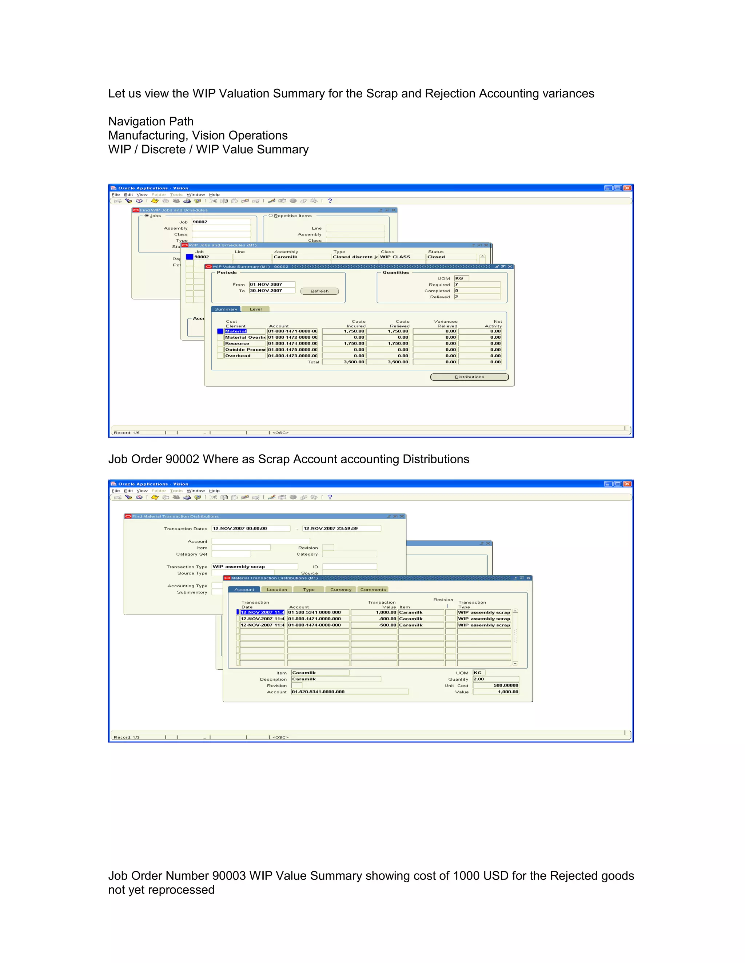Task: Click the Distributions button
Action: click(x=469, y=377)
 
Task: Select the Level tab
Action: click(x=255, y=309)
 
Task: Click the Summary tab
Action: click(x=226, y=309)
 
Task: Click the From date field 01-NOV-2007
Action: click(x=272, y=285)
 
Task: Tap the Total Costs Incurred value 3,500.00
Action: click(x=344, y=362)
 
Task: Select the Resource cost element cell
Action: click(x=244, y=343)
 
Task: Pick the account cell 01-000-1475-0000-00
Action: click(x=292, y=350)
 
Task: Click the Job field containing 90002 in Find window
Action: click(x=221, y=222)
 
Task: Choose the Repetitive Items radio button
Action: click(x=271, y=215)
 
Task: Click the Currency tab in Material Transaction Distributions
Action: click(x=341, y=589)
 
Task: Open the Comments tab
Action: click(x=373, y=589)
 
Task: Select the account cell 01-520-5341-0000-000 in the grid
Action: click(x=318, y=612)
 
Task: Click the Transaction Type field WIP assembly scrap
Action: click(x=255, y=567)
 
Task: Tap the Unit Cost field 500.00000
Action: click(x=496, y=686)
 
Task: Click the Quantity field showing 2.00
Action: click(x=496, y=679)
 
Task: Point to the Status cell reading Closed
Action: click(x=451, y=257)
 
